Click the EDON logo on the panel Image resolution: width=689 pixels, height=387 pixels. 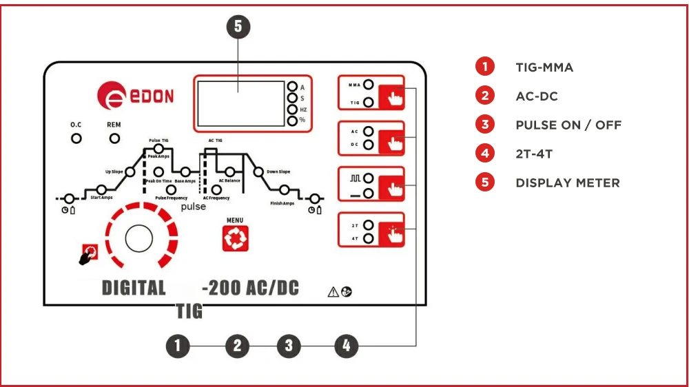tap(135, 95)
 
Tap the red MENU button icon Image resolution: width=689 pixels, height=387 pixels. tap(235, 238)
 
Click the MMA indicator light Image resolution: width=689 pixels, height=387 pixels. tap(368, 85)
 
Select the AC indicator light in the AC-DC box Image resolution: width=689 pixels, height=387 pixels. tap(368, 131)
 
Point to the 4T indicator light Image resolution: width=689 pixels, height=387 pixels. tap(368, 238)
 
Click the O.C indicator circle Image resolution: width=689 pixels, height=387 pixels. tap(76, 138)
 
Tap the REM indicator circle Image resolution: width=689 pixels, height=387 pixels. tap(114, 138)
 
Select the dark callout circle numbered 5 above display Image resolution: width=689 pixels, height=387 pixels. tap(238, 27)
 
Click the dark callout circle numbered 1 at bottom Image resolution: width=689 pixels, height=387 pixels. tap(178, 346)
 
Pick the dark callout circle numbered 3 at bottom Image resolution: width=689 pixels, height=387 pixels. tap(289, 346)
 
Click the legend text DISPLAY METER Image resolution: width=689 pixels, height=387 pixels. tap(568, 183)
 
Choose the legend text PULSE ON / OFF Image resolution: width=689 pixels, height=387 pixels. tap(568, 125)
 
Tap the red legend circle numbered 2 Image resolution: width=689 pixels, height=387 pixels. tap(485, 96)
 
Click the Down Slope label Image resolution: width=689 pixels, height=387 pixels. tap(278, 171)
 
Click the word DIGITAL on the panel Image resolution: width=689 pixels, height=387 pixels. tap(134, 288)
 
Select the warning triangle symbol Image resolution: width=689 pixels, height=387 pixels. tap(333, 292)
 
